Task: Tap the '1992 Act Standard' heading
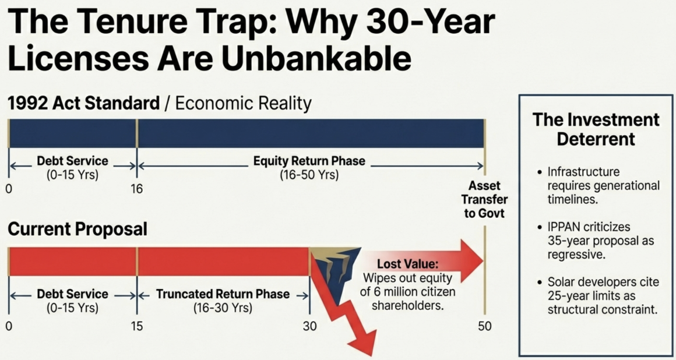(x=84, y=104)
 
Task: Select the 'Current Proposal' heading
(x=78, y=230)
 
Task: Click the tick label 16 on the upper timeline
(x=137, y=189)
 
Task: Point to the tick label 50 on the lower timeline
(x=485, y=326)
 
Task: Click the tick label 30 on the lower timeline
(x=309, y=326)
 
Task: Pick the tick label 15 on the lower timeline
(x=137, y=326)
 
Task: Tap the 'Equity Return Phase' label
(x=309, y=161)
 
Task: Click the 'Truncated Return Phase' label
(x=223, y=295)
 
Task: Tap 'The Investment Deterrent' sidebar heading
(x=596, y=129)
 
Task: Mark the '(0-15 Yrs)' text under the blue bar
(x=72, y=175)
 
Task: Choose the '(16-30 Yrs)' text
(x=223, y=309)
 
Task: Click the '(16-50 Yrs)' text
(x=309, y=175)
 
